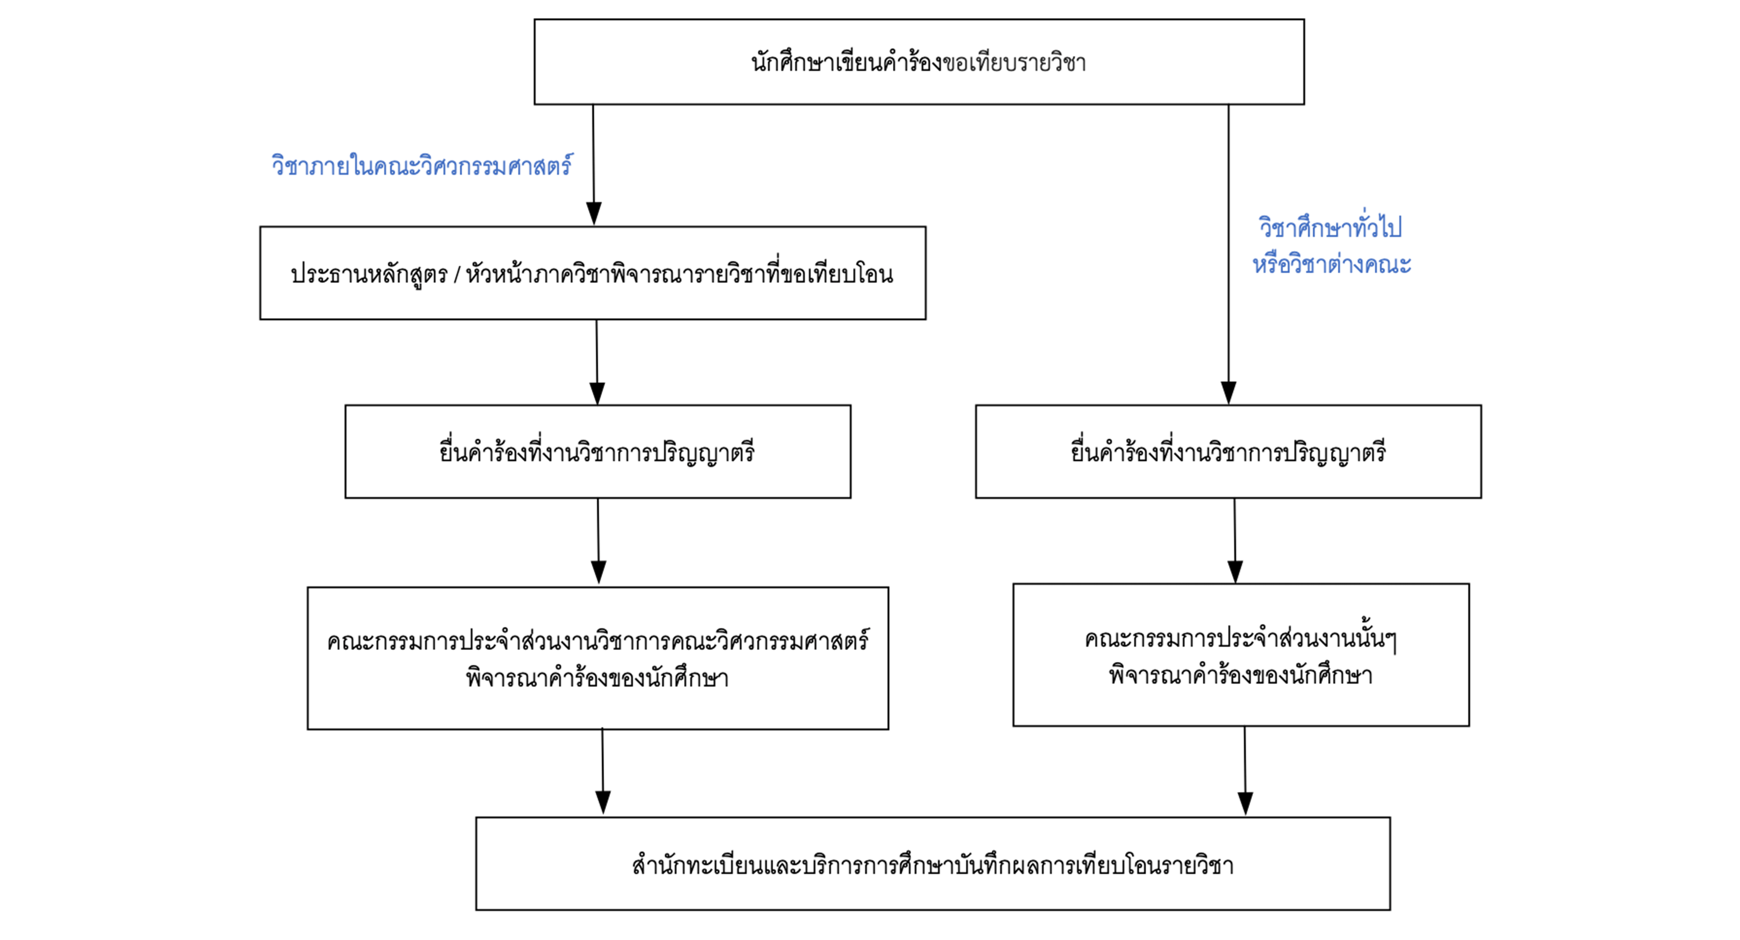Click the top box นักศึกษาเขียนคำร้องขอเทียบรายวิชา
tap(919, 62)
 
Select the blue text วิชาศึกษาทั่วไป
tap(1329, 228)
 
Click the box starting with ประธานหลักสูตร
tap(592, 273)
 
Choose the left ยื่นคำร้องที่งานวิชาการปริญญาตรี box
tap(597, 452)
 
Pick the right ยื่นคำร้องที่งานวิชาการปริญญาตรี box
tap(1228, 452)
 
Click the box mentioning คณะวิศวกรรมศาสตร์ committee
tap(597, 658)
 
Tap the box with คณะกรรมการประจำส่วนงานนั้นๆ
tap(1240, 655)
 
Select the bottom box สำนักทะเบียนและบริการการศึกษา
tap(932, 864)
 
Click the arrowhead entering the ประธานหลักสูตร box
tap(594, 213)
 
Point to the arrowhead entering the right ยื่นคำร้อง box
tap(1228, 393)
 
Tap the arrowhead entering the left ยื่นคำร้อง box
tap(597, 393)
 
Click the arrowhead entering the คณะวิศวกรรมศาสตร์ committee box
tap(599, 572)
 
